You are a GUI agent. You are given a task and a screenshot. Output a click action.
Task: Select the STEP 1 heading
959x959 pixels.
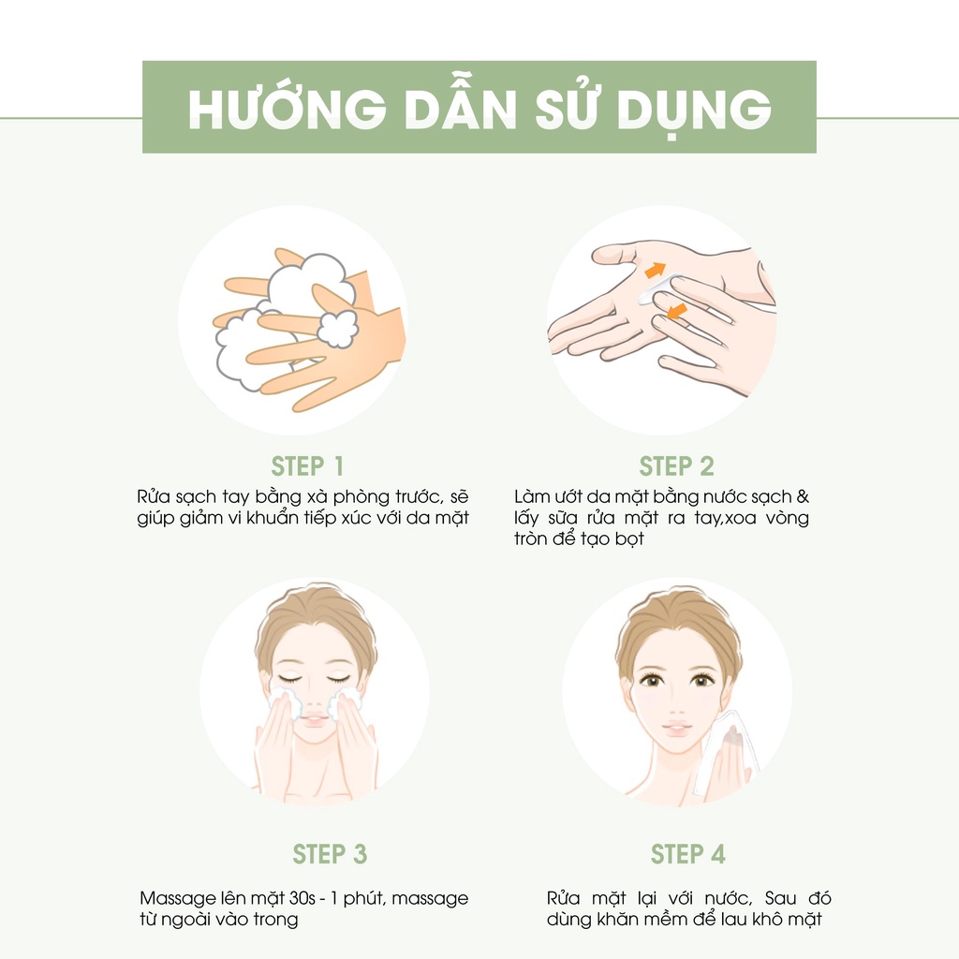307,466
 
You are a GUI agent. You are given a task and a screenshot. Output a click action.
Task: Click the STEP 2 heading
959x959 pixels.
676,466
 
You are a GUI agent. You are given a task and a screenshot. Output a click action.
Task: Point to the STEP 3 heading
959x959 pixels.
330,854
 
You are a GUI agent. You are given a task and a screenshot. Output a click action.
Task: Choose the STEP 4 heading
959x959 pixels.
687,854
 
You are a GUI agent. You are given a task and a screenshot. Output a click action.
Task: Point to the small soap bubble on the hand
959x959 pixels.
336,329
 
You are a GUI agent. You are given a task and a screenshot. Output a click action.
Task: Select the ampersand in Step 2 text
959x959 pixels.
803,496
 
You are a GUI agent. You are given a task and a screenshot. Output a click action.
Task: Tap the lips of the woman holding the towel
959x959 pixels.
675,727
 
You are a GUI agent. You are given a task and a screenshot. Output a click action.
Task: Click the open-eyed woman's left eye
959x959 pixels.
702,680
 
